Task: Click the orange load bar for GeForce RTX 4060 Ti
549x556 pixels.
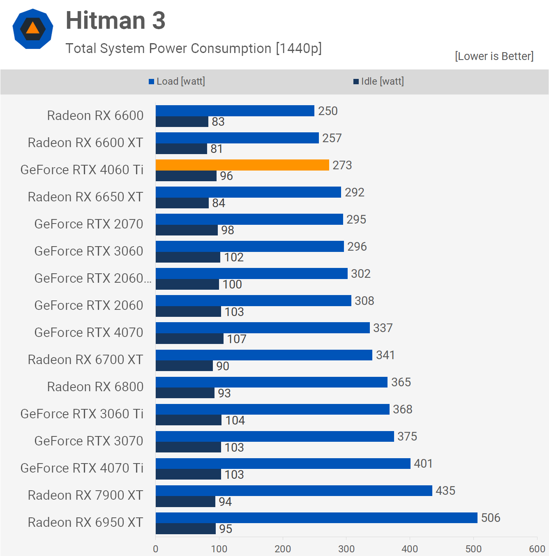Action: [x=242, y=165]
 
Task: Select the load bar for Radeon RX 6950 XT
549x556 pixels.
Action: [x=316, y=518]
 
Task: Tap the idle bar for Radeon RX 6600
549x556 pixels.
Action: [x=182, y=122]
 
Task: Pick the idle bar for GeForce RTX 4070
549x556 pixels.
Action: [x=189, y=339]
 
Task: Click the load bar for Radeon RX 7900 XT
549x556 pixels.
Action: [x=294, y=491]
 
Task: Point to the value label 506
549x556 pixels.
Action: [x=491, y=518]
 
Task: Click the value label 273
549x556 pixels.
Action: [x=342, y=165]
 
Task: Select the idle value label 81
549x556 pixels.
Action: [x=217, y=149]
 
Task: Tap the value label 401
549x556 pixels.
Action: [x=423, y=464]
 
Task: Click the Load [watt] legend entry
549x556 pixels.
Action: [x=177, y=81]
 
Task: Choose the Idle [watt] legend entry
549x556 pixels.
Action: [x=379, y=81]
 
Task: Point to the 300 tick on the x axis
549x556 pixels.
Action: [x=346, y=549]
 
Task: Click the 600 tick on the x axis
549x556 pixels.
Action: [x=537, y=549]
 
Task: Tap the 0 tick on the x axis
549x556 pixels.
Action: [x=156, y=549]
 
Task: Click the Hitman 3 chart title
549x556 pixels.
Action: [x=115, y=21]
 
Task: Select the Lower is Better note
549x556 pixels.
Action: [x=494, y=56]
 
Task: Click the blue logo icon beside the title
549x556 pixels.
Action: [x=33, y=29]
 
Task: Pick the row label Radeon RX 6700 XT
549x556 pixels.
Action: [x=85, y=360]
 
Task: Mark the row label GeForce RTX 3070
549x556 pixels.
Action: [x=89, y=441]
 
